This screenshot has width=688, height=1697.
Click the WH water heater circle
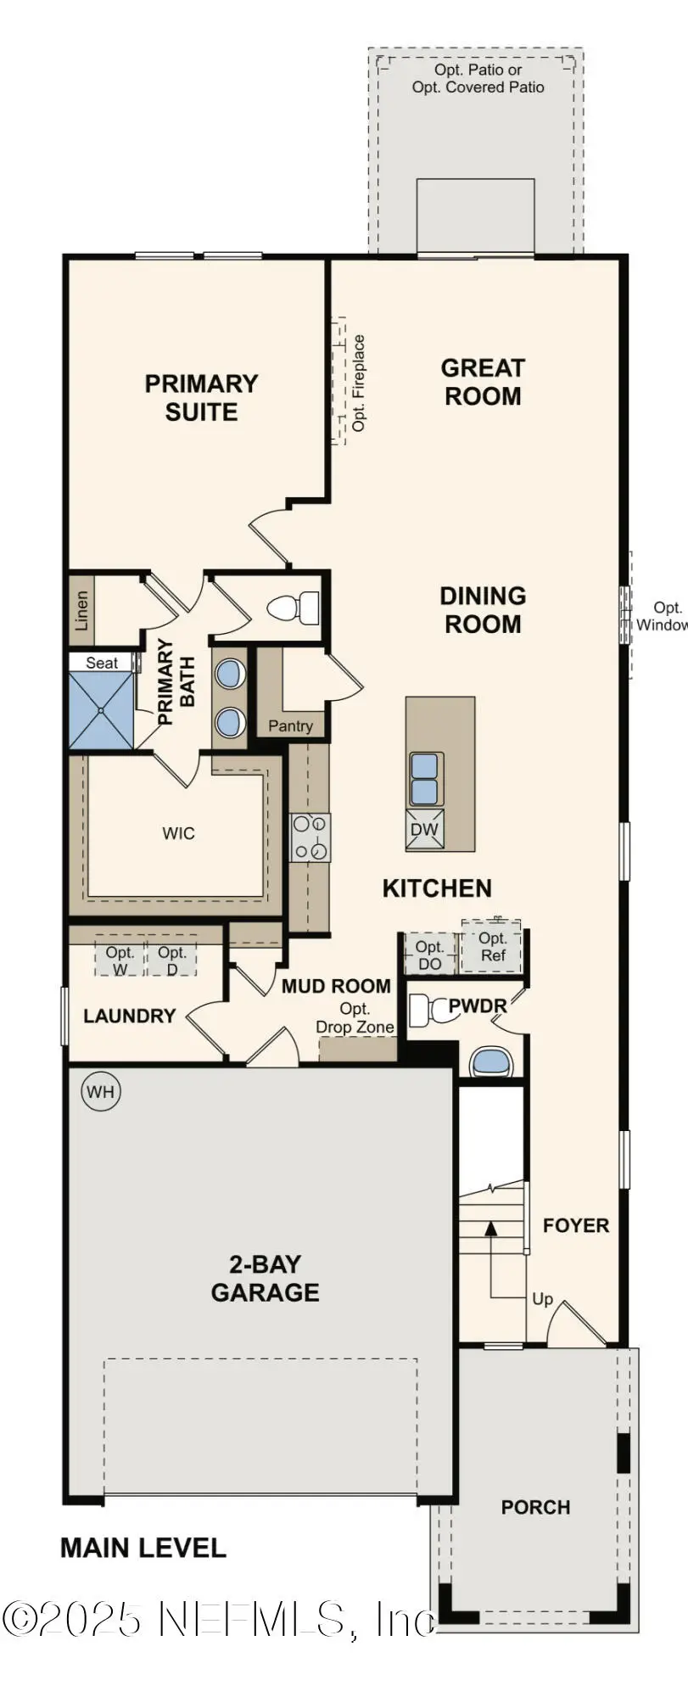[100, 1091]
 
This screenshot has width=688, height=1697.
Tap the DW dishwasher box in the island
[425, 830]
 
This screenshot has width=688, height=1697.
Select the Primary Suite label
[201, 397]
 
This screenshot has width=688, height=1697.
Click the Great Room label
[483, 382]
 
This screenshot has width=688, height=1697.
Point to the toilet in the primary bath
[293, 608]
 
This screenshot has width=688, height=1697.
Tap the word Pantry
[290, 725]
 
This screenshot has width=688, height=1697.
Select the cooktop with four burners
[310, 837]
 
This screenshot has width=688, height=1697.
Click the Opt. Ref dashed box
[492, 946]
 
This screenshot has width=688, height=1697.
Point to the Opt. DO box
[429, 955]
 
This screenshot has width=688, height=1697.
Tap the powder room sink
[491, 1061]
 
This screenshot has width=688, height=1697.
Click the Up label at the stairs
[542, 1299]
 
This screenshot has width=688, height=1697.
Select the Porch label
[535, 1507]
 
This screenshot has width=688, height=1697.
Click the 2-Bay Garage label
[265, 1278]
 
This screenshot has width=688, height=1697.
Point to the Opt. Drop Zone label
[355, 1017]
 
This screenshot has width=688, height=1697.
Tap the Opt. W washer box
[120, 960]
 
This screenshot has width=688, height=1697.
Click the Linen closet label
[81, 610]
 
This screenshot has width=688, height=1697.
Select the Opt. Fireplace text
[359, 383]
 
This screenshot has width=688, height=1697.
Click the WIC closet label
[179, 833]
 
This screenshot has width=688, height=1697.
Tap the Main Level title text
[143, 1548]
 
